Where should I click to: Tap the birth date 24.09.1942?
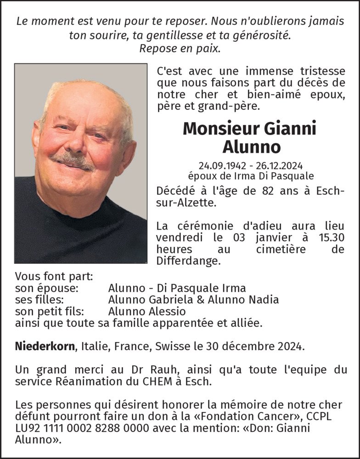pos(218,165)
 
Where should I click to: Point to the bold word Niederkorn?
pos(45,346)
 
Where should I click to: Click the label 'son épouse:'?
pos(47,288)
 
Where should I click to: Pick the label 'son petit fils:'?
pos(50,311)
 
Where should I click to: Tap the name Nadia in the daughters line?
pos(264,300)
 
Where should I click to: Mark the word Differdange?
pos(188,261)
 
